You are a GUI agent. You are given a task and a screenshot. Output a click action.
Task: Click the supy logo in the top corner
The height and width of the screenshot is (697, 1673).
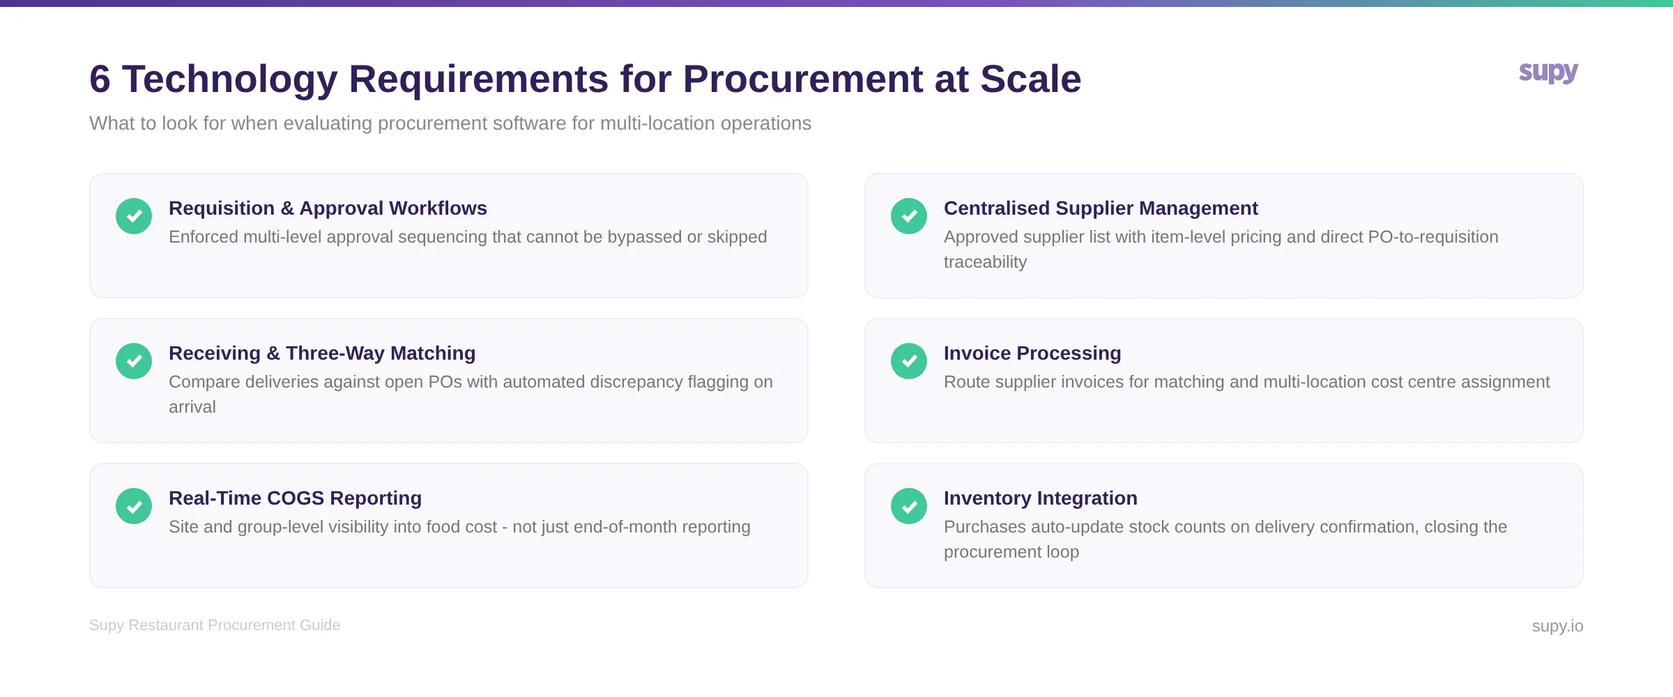(1548, 72)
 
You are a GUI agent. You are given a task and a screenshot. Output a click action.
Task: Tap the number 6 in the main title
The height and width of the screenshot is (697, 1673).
(100, 79)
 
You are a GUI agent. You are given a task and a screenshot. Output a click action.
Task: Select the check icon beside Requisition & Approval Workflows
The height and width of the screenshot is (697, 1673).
(134, 216)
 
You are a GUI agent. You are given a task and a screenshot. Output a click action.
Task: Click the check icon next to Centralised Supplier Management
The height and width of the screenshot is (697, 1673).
(909, 216)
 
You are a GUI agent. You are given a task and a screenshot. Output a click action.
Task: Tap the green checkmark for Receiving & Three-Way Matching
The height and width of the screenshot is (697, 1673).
(134, 361)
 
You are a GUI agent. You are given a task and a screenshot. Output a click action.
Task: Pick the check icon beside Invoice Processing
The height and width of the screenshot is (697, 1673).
(909, 361)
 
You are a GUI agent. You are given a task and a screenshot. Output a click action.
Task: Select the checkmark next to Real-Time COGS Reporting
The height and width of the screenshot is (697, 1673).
(134, 506)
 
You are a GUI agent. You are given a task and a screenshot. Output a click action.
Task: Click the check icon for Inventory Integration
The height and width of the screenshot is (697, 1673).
(909, 506)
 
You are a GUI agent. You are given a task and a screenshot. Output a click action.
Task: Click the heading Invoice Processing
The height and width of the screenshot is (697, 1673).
(1032, 353)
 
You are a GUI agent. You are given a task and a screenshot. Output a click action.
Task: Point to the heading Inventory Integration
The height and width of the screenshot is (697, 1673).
(1040, 498)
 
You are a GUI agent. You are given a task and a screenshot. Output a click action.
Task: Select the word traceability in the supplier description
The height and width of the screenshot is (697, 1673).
(985, 262)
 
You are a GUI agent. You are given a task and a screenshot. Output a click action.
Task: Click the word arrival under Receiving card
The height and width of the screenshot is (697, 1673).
(192, 407)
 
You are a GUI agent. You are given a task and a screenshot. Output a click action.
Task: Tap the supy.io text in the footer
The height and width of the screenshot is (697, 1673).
(1557, 626)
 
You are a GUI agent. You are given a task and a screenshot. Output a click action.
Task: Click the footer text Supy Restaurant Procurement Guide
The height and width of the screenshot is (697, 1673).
(215, 625)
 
